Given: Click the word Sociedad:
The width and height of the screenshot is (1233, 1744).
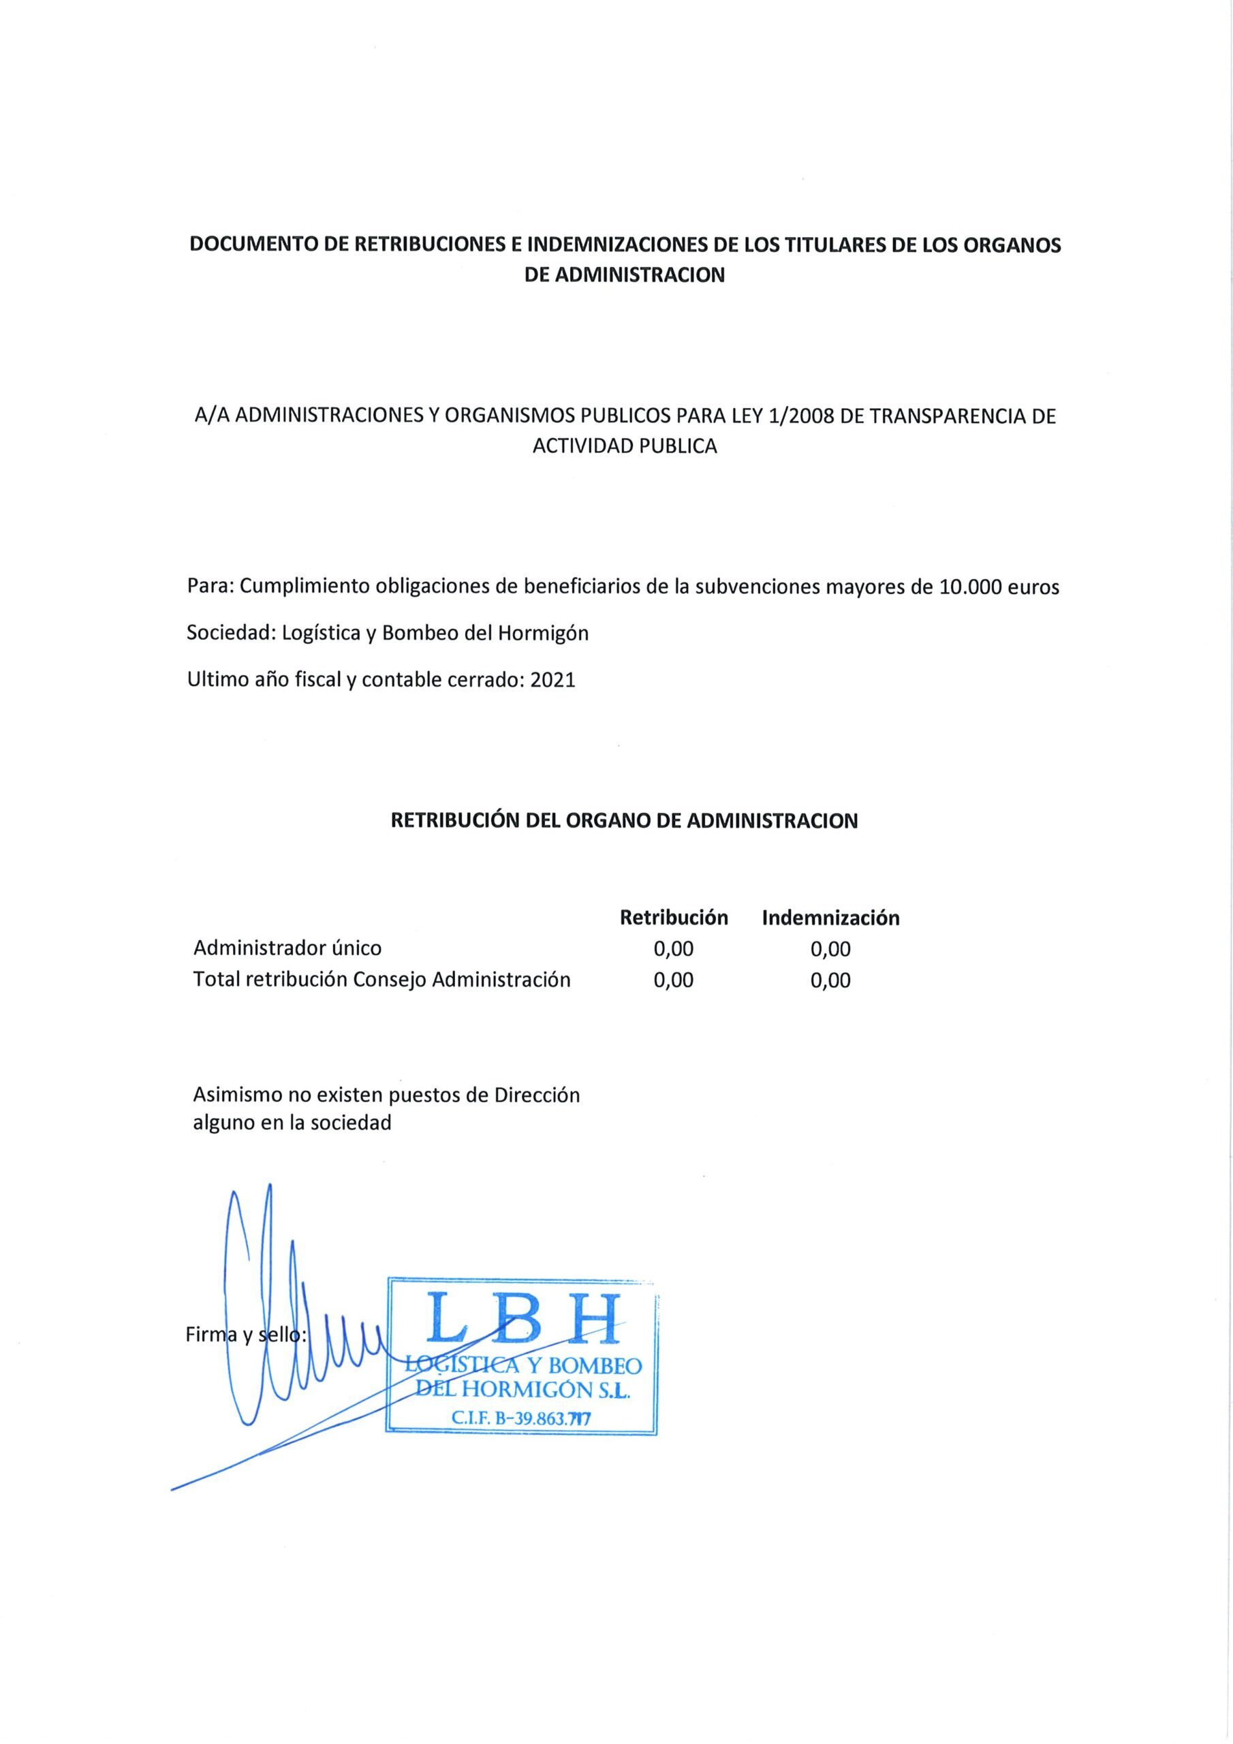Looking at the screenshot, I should [231, 633].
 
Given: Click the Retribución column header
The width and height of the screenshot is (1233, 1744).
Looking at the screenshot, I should [673, 918].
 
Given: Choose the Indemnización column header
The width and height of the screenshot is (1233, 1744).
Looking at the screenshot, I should [830, 918].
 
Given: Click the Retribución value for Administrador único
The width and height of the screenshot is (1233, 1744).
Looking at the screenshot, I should [673, 949].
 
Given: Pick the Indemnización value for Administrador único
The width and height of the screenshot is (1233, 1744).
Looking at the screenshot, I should [830, 949].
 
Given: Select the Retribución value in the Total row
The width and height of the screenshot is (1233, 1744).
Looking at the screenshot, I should [673, 980].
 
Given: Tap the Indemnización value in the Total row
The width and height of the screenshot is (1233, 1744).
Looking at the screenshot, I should [830, 980].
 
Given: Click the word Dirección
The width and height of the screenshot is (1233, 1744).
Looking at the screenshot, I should [536, 1095].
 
